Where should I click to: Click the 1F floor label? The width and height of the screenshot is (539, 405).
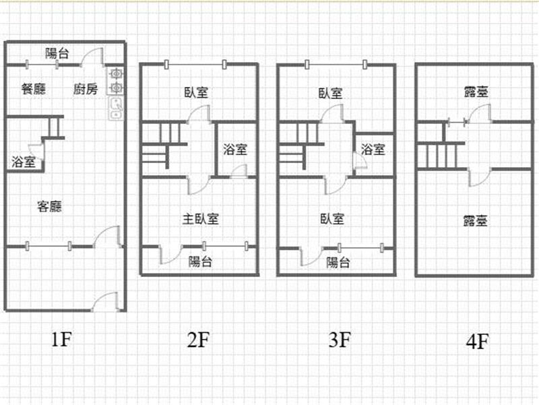[61, 340]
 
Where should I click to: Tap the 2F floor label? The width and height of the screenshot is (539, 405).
[198, 340]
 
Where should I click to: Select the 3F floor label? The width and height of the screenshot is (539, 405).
[340, 340]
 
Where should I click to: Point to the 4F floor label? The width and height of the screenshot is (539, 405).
[478, 342]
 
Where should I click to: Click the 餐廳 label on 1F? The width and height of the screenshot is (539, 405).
[34, 89]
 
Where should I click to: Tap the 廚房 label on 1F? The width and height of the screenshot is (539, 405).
[86, 89]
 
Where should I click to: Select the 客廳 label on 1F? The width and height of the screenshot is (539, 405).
[49, 206]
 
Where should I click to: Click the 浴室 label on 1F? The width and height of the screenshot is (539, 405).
[24, 162]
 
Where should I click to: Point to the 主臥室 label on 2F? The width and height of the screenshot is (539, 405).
[200, 218]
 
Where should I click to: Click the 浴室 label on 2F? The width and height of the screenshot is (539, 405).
[235, 149]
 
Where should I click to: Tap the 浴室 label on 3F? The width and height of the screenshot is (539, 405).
[373, 149]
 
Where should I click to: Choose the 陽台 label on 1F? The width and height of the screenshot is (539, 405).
[57, 53]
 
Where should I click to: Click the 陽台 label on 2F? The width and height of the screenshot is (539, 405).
[200, 262]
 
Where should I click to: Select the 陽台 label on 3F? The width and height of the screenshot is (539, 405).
[338, 263]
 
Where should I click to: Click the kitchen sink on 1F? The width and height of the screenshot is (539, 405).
[116, 108]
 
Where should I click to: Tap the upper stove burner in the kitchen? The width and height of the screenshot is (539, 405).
[116, 73]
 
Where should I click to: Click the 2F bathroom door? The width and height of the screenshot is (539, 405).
[239, 171]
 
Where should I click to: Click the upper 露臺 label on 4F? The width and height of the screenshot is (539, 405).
[476, 92]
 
